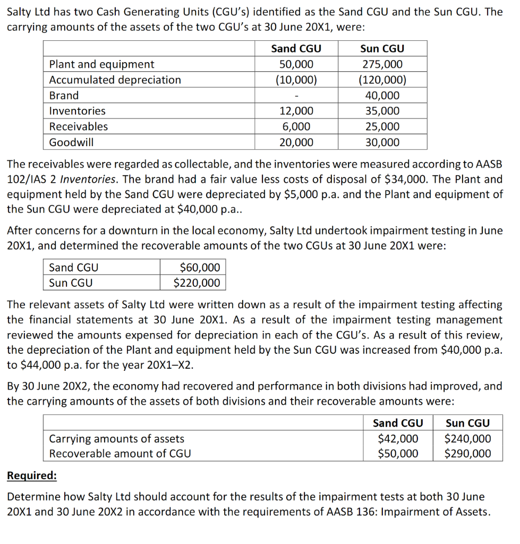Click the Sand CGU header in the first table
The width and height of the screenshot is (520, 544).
coord(296,48)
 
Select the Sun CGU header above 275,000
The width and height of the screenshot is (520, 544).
coord(382,48)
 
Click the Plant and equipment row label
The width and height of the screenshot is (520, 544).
coord(101,64)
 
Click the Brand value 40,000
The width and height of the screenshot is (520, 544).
coord(382,96)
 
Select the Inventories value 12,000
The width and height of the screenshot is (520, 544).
coord(296,111)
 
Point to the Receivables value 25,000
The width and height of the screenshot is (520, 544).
coord(382,126)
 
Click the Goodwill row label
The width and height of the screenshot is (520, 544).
coord(71,142)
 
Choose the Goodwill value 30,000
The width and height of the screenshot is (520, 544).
coord(382,142)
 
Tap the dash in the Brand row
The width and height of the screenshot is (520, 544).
coord(296,96)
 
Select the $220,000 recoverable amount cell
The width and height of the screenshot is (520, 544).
coord(197,283)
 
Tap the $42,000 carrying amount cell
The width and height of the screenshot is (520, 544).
coord(398,439)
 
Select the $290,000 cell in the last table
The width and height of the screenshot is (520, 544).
coord(467,454)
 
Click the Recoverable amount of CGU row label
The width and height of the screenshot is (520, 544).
coord(120,454)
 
